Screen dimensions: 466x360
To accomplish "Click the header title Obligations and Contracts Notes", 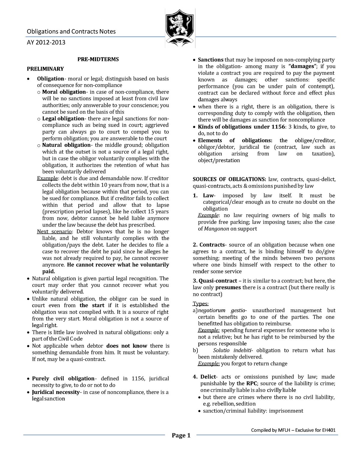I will coord(71,32).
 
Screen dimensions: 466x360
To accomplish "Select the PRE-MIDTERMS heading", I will coord(98,59).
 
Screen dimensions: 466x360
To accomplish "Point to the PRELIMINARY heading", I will coord(45,69).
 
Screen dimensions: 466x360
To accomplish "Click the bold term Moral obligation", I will coord(64,92).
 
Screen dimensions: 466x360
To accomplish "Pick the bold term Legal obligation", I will coord(63,119).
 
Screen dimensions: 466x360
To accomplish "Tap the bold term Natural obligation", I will coord(66,145).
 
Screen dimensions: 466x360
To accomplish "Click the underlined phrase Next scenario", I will coord(54,232).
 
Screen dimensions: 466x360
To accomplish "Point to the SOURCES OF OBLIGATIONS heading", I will coord(229,179).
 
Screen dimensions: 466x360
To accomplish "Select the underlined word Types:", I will coord(200,304).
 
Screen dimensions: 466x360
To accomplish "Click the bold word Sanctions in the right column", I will coord(211,60).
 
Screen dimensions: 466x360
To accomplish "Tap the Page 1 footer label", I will coord(181,435).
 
